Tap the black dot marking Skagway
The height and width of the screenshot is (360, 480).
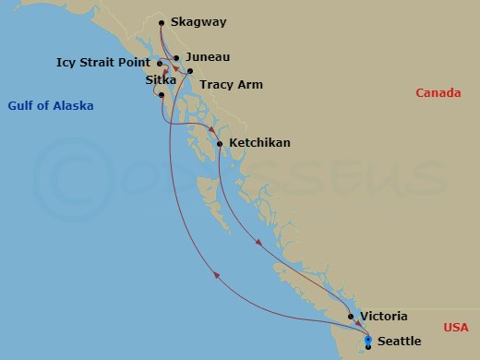click(162, 23)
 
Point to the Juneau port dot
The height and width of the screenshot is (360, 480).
click(176, 58)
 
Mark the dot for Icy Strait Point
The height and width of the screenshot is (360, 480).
click(161, 65)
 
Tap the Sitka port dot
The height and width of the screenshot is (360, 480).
click(162, 95)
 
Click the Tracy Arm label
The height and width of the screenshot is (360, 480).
click(231, 85)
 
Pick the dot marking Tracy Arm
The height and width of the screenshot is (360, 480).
click(189, 71)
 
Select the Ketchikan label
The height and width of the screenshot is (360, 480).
click(259, 143)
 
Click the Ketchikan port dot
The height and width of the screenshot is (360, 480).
click(220, 144)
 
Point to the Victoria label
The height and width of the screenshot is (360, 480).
click(383, 316)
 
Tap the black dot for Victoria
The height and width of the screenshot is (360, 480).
click(352, 317)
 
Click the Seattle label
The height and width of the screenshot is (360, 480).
click(399, 342)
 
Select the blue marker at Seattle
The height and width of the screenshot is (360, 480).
click(368, 342)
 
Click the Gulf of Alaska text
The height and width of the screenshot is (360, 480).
click(51, 106)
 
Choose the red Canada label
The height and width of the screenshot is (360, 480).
click(438, 92)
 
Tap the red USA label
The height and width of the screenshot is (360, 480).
click(455, 328)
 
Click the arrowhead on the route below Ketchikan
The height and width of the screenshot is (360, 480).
click(258, 244)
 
